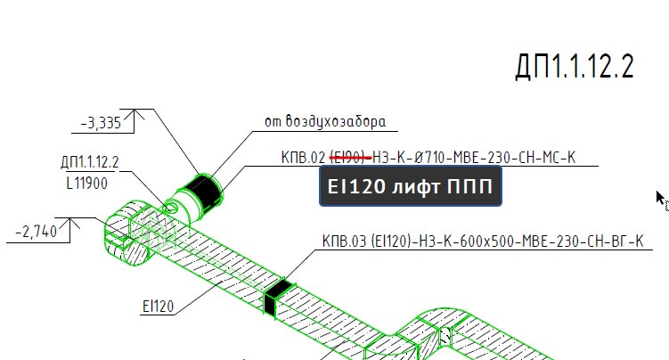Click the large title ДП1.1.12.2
[575, 67]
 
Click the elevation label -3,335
[101, 123]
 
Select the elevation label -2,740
[36, 232]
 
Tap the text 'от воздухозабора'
[325, 121]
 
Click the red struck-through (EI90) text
[350, 158]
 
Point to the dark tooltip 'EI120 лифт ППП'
[411, 186]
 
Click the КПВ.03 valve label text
[483, 241]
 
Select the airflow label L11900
[87, 184]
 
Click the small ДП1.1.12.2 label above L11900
[90, 162]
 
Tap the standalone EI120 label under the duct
[159, 307]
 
